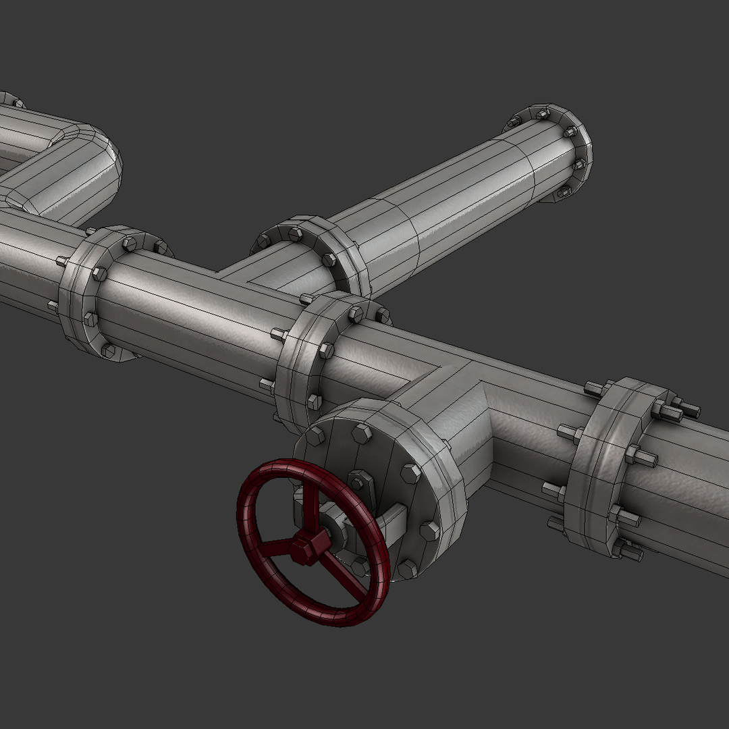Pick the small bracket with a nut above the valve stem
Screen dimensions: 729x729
tap(360, 482)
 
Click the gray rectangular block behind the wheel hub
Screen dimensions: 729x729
tap(391, 520)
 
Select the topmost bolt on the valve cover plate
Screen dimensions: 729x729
tap(362, 433)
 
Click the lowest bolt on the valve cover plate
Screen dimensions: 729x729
tap(406, 569)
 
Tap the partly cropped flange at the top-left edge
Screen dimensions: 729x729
tap(10, 100)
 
